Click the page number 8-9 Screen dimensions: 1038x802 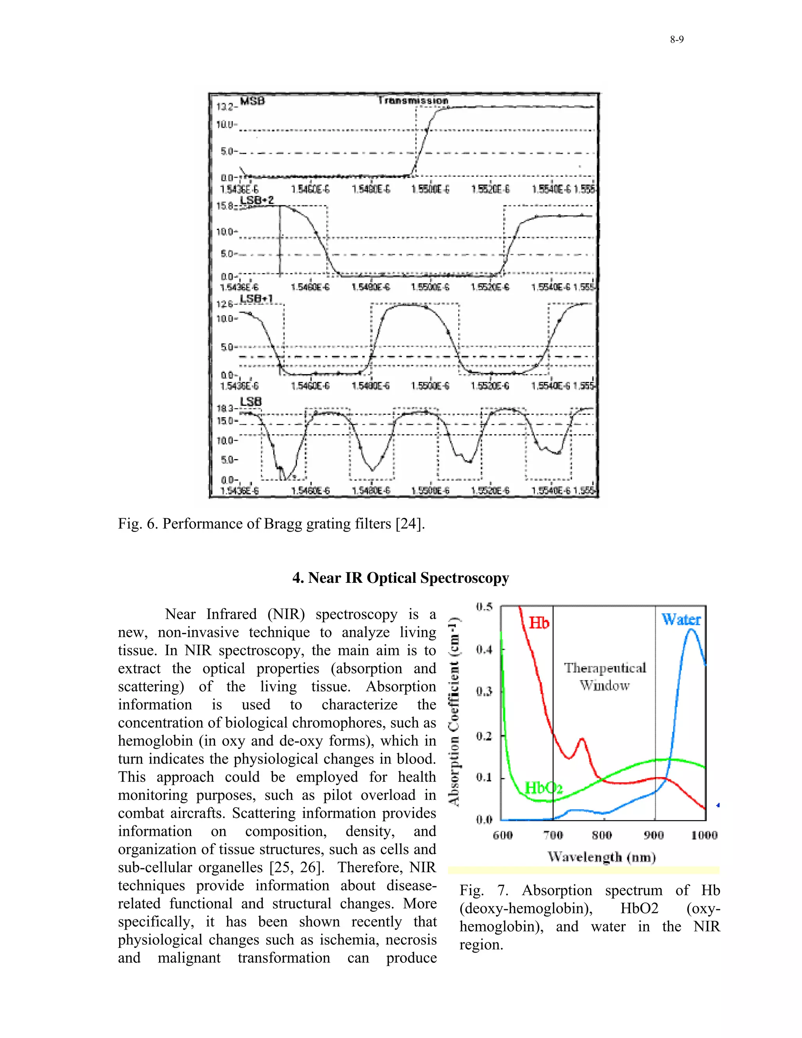[677, 40]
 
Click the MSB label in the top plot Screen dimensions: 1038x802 [252, 101]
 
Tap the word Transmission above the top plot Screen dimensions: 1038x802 [413, 101]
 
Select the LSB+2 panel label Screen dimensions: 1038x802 [256, 200]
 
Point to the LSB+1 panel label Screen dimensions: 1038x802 [256, 299]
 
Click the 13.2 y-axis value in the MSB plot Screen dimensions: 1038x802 [224, 107]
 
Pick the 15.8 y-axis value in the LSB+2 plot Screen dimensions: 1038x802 [224, 206]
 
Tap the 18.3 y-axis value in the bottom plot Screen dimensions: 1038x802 [225, 408]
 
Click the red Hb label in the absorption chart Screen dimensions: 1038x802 [539, 623]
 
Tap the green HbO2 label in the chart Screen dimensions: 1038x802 [544, 788]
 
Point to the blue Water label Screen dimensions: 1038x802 [681, 619]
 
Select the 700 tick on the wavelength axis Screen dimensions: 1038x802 [553, 835]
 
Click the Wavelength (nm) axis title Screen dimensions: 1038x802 [601, 857]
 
